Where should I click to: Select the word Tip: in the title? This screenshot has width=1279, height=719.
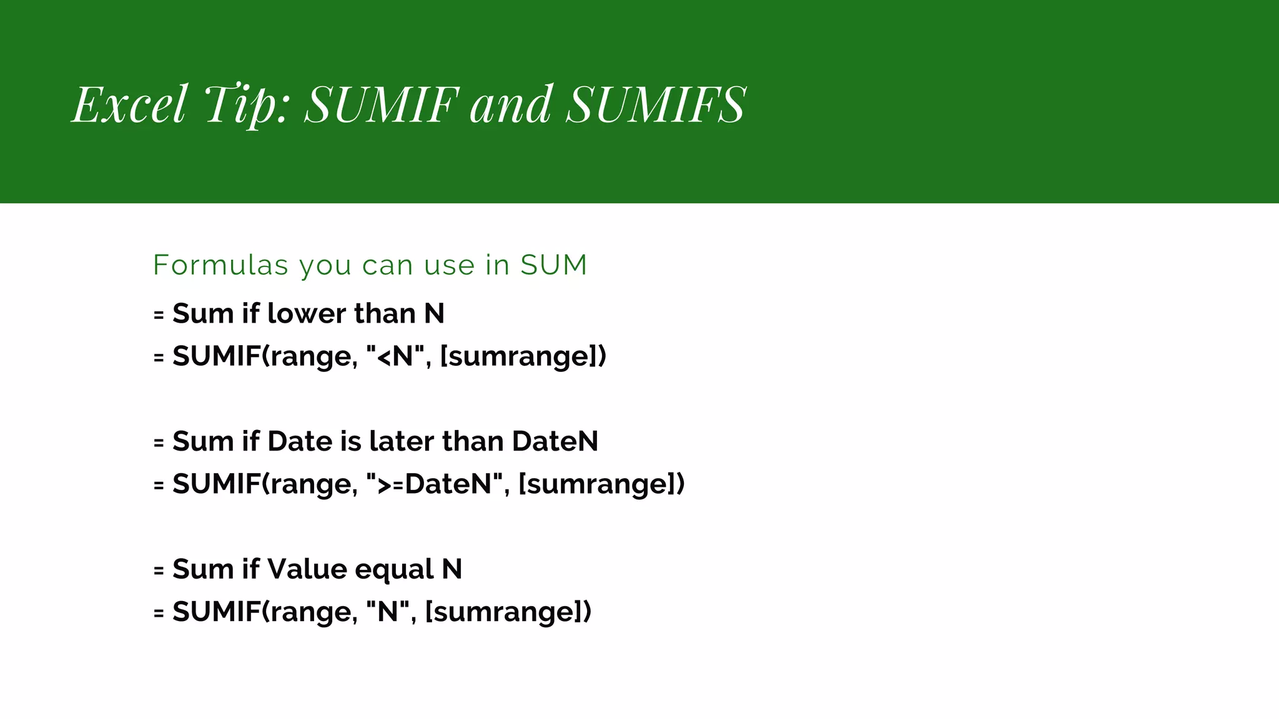pos(247,105)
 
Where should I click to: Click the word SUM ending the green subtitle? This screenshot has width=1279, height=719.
pos(554,265)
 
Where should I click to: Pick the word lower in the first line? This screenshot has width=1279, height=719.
pos(306,313)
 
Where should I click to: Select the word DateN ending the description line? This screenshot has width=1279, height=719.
pos(555,441)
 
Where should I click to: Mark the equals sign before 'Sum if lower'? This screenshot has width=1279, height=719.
pos(159,315)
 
